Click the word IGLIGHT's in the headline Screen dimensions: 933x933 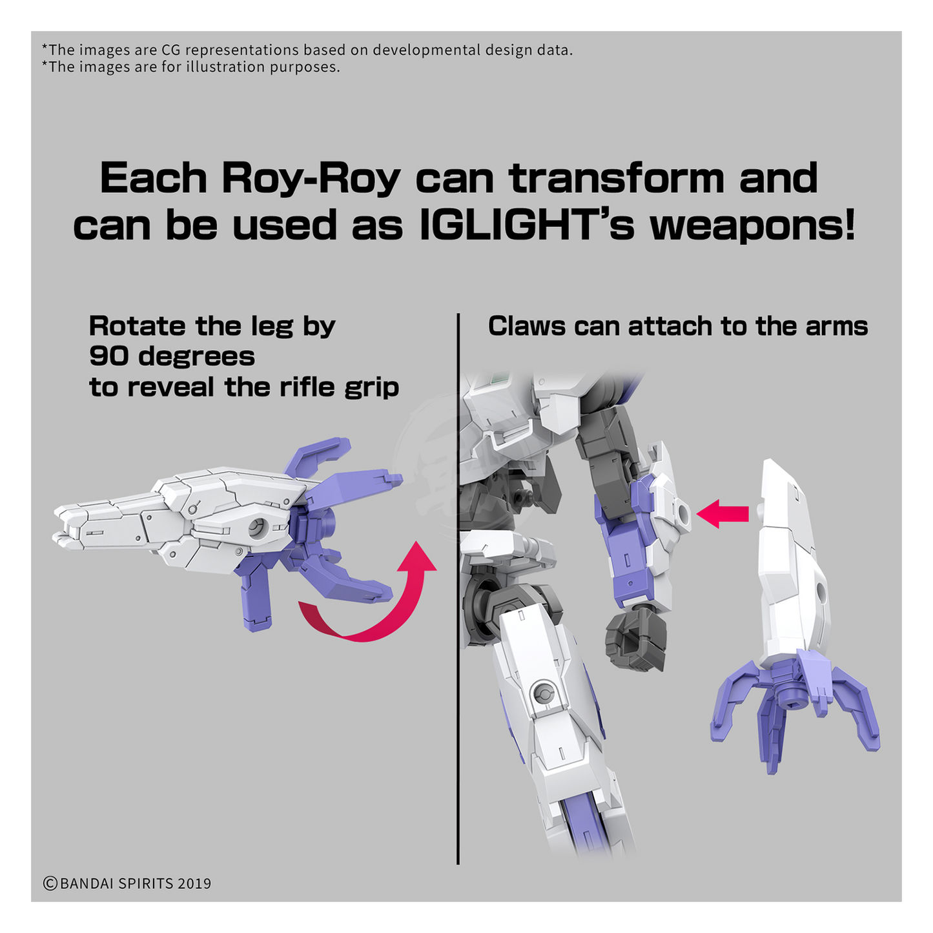[x=526, y=225]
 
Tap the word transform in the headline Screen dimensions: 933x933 [x=617, y=178]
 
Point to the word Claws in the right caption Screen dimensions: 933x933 [x=526, y=326]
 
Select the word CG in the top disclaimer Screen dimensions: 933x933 [x=170, y=50]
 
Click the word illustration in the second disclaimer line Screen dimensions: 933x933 [x=225, y=67]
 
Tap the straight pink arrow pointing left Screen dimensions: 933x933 [x=723, y=514]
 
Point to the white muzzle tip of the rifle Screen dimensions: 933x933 [x=65, y=526]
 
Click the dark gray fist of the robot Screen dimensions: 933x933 [x=636, y=638]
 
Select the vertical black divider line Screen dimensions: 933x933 [x=458, y=589]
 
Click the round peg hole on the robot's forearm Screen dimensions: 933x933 [x=683, y=515]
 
